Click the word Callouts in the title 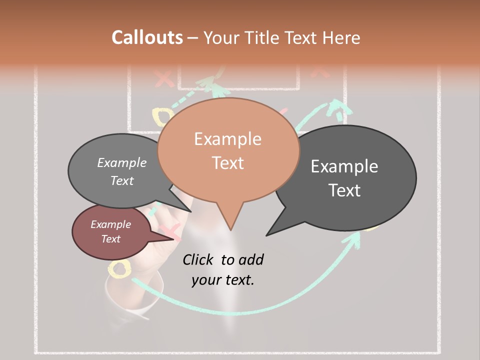[x=147, y=37]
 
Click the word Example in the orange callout [x=227, y=139]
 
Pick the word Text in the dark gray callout [x=344, y=190]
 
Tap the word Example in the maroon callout [x=110, y=224]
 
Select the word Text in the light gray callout [x=122, y=180]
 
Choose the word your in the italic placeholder [x=206, y=280]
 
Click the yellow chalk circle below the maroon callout [x=119, y=269]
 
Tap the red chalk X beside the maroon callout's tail [x=171, y=231]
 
